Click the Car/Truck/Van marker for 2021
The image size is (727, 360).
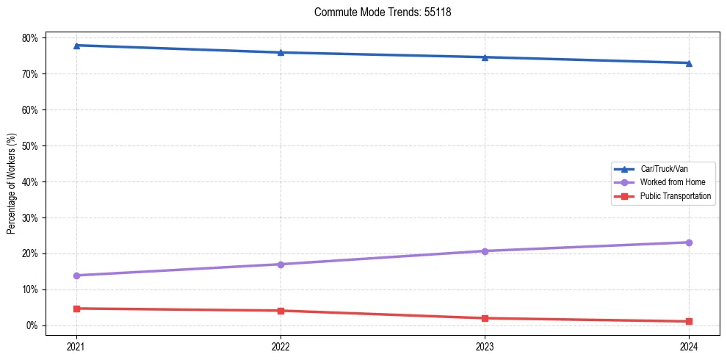tap(76, 46)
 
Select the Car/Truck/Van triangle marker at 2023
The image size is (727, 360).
tap(485, 57)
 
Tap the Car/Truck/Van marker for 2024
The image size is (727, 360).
tap(689, 63)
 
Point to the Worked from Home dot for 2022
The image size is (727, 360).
tap(281, 264)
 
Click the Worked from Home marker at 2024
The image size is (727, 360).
tap(689, 242)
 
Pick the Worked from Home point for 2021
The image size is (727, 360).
tap(76, 276)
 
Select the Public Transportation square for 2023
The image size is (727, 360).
tap(485, 318)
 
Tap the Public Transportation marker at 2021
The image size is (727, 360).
tap(76, 309)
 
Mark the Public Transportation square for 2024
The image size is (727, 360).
tap(689, 321)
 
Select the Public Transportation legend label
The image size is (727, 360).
tap(675, 196)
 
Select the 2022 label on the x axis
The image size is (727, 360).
tap(281, 345)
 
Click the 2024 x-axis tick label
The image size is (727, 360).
tap(689, 345)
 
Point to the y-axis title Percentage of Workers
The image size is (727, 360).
tap(12, 184)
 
